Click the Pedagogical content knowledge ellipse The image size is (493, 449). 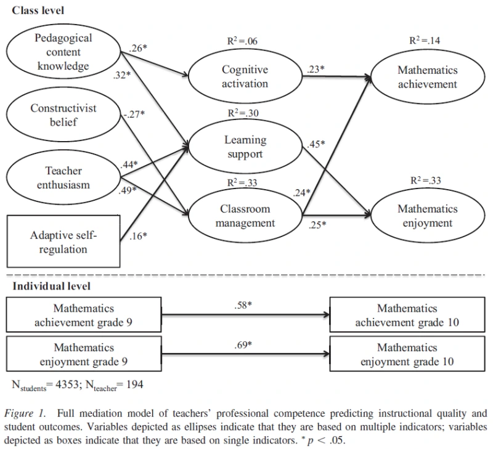[63, 52]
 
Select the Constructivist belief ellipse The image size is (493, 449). [63, 115]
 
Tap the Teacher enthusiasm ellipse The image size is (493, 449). [63, 177]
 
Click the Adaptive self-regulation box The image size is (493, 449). [63, 241]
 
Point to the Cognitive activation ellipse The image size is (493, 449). [245, 76]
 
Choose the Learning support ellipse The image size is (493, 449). [245, 147]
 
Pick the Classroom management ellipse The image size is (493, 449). [245, 216]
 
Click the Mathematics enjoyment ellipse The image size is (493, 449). [428, 216]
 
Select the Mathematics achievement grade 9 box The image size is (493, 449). [84, 315]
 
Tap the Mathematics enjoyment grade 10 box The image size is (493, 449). [407, 354]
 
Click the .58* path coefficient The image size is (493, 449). [243, 305]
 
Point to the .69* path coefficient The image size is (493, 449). [243, 345]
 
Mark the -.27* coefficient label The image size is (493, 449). [134, 114]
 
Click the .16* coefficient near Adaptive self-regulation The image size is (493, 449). [138, 236]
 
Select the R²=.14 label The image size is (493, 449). [425, 41]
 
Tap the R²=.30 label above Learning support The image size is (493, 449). [243, 113]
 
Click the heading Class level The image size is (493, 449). [38, 10]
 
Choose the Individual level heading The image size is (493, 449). [52, 286]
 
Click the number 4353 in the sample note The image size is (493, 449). [67, 384]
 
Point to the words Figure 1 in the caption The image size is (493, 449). [25, 413]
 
